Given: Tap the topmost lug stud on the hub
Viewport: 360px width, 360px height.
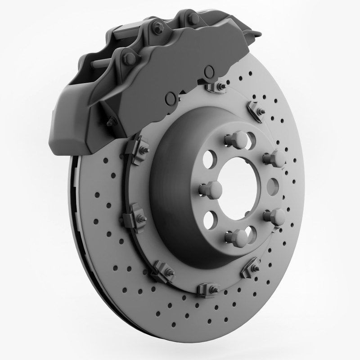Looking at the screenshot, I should [239, 138].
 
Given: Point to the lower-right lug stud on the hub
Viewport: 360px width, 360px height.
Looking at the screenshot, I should [275, 216].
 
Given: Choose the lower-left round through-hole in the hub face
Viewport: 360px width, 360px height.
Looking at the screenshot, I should [209, 220].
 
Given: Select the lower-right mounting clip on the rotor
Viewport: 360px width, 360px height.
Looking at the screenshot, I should [251, 268].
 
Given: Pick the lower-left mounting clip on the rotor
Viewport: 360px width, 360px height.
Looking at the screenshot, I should [162, 270].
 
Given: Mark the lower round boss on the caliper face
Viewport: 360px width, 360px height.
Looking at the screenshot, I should [171, 99].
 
